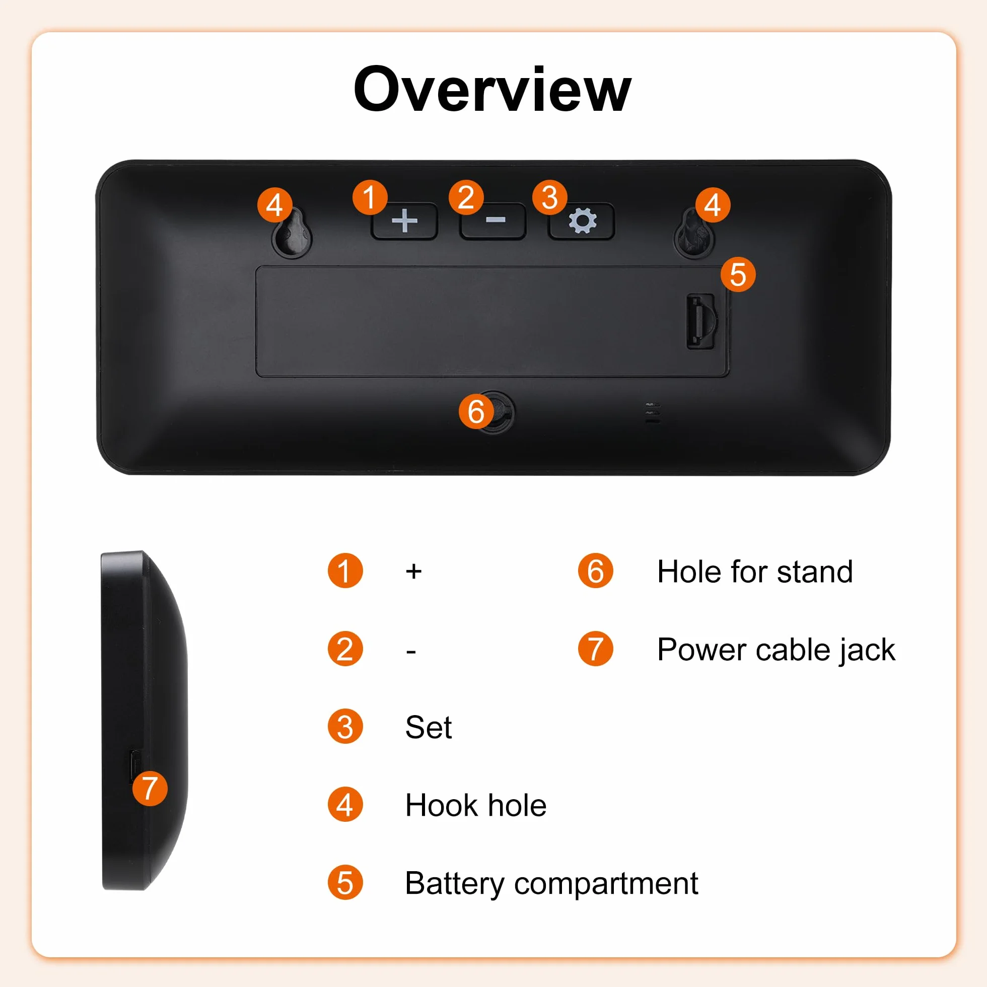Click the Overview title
[492, 89]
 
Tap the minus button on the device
[493, 221]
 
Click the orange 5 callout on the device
[738, 274]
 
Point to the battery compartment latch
[701, 321]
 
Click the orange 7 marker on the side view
[150, 788]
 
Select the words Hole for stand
[755, 571]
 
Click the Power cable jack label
[776, 650]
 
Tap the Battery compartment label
[551, 883]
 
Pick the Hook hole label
[475, 805]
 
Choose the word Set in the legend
[429, 727]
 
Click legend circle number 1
[345, 571]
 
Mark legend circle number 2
[345, 649]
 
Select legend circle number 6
[596, 571]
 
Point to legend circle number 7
[596, 649]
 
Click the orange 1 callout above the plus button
[370, 197]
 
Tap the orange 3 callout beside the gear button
[550, 197]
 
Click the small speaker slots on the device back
[653, 413]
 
